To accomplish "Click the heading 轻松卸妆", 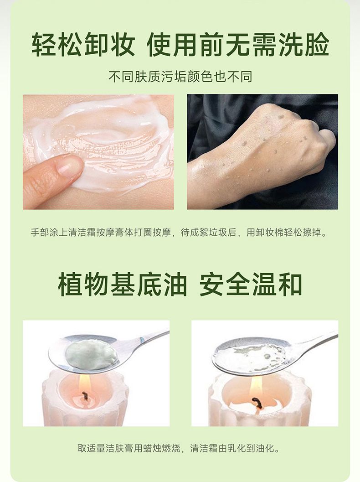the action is pyautogui.click(x=83, y=45).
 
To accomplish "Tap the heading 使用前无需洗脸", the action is pyautogui.click(x=238, y=45).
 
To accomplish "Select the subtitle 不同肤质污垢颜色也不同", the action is pyautogui.click(x=180, y=77).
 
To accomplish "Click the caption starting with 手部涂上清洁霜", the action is pyautogui.click(x=180, y=233).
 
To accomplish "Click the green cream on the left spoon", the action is pyautogui.click(x=91, y=354).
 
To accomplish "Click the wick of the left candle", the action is pyautogui.click(x=85, y=397).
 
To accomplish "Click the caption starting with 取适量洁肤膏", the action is pyautogui.click(x=179, y=448).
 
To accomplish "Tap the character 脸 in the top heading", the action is pyautogui.click(x=317, y=45).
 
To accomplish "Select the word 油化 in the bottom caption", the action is pyautogui.click(x=265, y=448).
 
